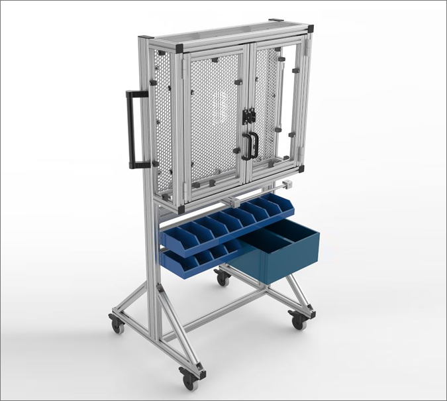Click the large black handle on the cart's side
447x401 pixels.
click(x=130, y=129)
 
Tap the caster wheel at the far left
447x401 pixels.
click(x=117, y=325)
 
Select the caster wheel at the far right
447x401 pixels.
click(x=298, y=321)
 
